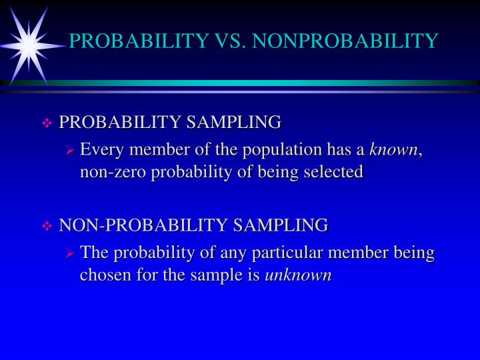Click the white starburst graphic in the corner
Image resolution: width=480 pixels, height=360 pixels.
point(28,44)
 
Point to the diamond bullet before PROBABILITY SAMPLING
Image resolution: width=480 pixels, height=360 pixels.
point(47,123)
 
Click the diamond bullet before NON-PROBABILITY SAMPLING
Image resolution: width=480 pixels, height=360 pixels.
point(47,227)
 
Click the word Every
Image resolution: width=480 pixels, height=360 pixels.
point(98,149)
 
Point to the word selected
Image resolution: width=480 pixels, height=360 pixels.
point(333,172)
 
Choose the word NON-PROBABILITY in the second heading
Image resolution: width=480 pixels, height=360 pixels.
point(143,225)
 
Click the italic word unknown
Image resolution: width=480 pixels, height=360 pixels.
point(298,275)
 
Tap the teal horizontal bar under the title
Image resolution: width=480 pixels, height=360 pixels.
point(267,83)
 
